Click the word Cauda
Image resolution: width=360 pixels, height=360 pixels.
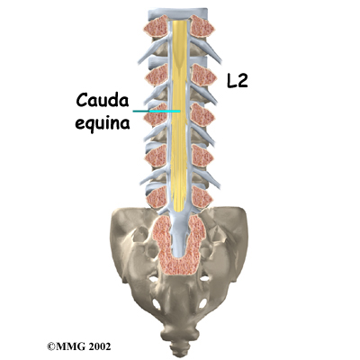[103, 100]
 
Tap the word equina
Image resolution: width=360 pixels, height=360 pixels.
[103, 122]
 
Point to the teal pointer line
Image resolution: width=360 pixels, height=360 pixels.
[157, 112]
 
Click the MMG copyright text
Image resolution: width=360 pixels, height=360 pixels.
[79, 346]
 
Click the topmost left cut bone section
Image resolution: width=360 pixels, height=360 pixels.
[156, 26]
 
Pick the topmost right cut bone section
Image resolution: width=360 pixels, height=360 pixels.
[202, 26]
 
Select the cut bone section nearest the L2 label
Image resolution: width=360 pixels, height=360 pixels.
[204, 75]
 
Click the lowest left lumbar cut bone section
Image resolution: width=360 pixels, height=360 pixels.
[157, 197]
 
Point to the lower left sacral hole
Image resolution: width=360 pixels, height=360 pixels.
[156, 304]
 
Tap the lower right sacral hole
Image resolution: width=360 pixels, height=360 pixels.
[202, 303]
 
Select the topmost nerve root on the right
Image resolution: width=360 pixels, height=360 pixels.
[206, 50]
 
